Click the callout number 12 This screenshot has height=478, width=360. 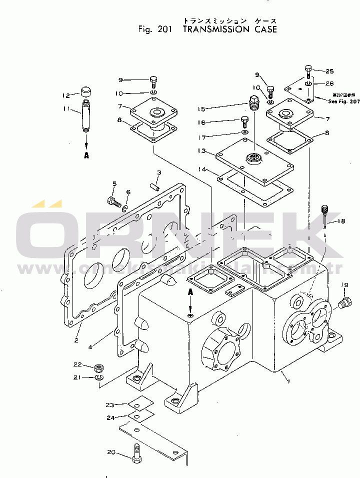pos(65,95)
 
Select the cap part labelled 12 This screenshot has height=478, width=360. pos(86,92)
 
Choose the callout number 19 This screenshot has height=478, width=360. pos(344,285)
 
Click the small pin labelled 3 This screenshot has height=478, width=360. pos(155,187)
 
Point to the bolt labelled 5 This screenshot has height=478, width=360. pos(113,202)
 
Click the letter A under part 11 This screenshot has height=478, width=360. pos(86,155)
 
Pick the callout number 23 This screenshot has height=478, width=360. pos(110,404)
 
